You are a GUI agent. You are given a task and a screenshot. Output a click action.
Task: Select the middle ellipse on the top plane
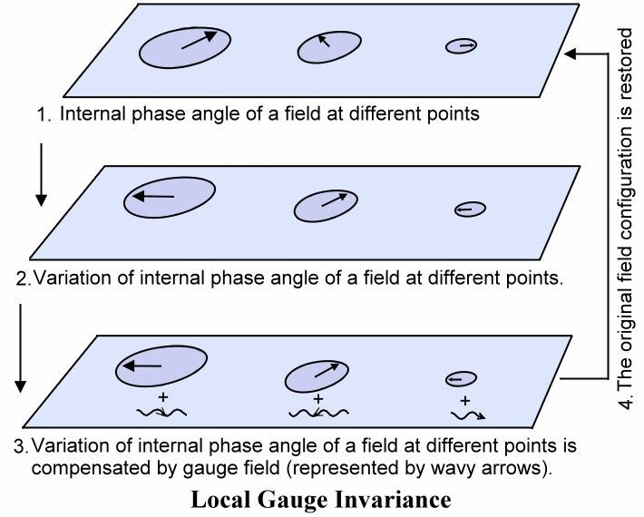pyautogui.click(x=324, y=48)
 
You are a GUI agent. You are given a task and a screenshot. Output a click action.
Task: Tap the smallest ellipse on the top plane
pyautogui.click(x=461, y=45)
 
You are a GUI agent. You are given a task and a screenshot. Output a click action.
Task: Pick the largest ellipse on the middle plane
pyautogui.click(x=170, y=197)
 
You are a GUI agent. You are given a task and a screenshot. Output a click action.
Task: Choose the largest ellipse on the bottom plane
pyautogui.click(x=160, y=366)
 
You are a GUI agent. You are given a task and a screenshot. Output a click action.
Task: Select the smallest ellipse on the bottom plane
pyautogui.click(x=461, y=378)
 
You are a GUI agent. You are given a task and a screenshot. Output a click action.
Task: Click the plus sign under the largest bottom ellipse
pyautogui.click(x=163, y=397)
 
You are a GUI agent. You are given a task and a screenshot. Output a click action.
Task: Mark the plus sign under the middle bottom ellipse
pyautogui.click(x=318, y=399)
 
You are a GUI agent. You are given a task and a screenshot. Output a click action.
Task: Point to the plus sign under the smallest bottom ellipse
pyautogui.click(x=465, y=400)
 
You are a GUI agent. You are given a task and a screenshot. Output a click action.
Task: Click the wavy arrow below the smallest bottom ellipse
pyautogui.click(x=466, y=415)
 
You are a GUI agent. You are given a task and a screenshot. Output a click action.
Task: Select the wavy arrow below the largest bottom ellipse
pyautogui.click(x=161, y=415)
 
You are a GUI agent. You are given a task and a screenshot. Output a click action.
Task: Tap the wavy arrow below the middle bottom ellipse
pyautogui.click(x=317, y=415)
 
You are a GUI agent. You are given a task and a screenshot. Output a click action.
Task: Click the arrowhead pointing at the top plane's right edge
pyautogui.click(x=569, y=54)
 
